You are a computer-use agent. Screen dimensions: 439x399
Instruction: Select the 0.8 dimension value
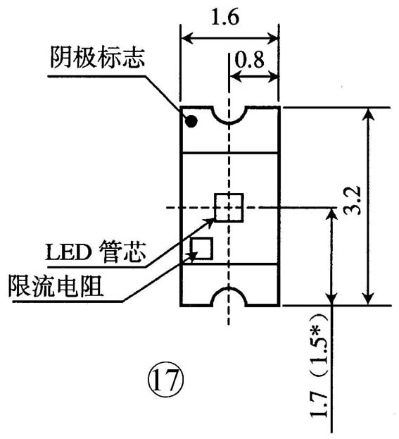(x=250, y=61)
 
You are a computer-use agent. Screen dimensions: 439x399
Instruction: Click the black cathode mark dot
(x=191, y=122)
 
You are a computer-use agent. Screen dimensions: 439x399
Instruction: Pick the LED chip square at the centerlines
(x=228, y=207)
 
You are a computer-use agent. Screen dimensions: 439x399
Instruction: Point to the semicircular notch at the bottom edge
(x=230, y=297)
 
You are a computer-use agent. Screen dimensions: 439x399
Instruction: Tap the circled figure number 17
(x=167, y=381)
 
